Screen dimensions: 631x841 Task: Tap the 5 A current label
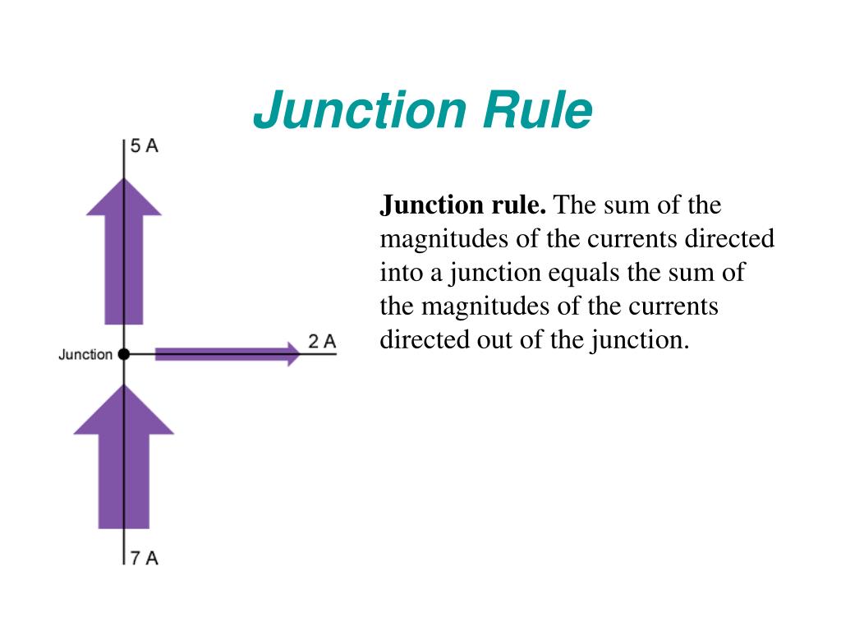click(144, 146)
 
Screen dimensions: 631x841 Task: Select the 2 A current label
click(322, 341)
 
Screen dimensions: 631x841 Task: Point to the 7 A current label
click(144, 558)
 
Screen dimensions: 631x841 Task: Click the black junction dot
click(124, 354)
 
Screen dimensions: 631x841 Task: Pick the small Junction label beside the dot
click(85, 355)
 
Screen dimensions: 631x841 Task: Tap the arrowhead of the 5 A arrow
click(124, 197)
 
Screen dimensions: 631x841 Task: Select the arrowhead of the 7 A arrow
click(124, 411)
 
